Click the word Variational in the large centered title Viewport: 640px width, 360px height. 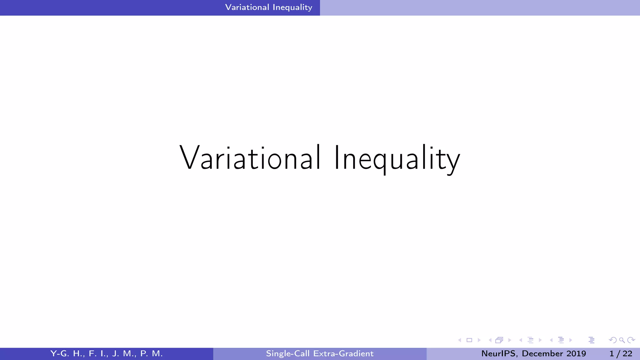point(250,158)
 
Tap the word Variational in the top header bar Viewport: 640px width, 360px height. point(247,7)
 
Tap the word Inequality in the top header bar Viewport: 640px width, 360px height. point(292,7)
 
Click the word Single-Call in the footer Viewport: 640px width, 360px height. point(288,353)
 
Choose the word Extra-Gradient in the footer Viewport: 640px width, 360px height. point(343,353)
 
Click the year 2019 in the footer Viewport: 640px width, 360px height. point(576,353)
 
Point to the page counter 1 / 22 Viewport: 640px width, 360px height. point(621,353)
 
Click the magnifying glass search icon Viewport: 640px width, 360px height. point(622,340)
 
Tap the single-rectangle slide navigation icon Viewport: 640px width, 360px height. point(469,340)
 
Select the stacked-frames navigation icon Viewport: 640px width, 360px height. point(499,340)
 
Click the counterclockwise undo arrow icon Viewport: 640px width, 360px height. point(613,340)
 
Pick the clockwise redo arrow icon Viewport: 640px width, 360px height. point(631,340)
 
